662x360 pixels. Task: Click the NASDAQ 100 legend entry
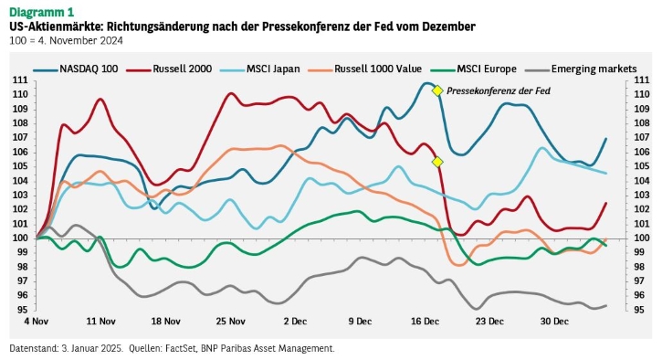[x=76, y=69]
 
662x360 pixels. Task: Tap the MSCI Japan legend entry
[x=260, y=69]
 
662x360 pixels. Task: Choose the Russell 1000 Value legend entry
[x=365, y=69]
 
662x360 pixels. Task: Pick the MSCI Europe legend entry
[x=474, y=69]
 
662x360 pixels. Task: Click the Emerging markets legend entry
[x=581, y=69]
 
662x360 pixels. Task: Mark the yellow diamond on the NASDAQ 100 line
[x=437, y=90]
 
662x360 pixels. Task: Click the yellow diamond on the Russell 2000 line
[x=437, y=162]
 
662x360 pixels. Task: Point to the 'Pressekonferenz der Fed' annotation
[x=499, y=90]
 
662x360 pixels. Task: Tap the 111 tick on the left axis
[x=20, y=80]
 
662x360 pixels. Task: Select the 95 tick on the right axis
[x=639, y=310]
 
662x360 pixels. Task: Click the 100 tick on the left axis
[x=20, y=238]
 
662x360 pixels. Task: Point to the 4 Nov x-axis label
[x=37, y=322]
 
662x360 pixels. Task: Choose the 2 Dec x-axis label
[x=295, y=322]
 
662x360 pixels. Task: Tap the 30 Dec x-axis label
[x=554, y=322]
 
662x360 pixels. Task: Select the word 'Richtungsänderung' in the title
[x=157, y=26]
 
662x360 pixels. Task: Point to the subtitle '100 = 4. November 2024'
[x=66, y=40]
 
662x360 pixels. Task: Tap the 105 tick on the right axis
[x=642, y=166]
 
